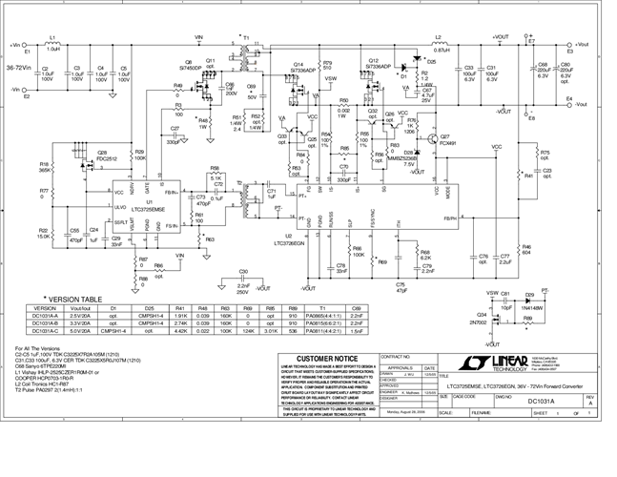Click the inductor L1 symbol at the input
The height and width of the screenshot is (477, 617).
pos(53,46)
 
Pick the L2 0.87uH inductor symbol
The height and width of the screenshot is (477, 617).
pos(441,45)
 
